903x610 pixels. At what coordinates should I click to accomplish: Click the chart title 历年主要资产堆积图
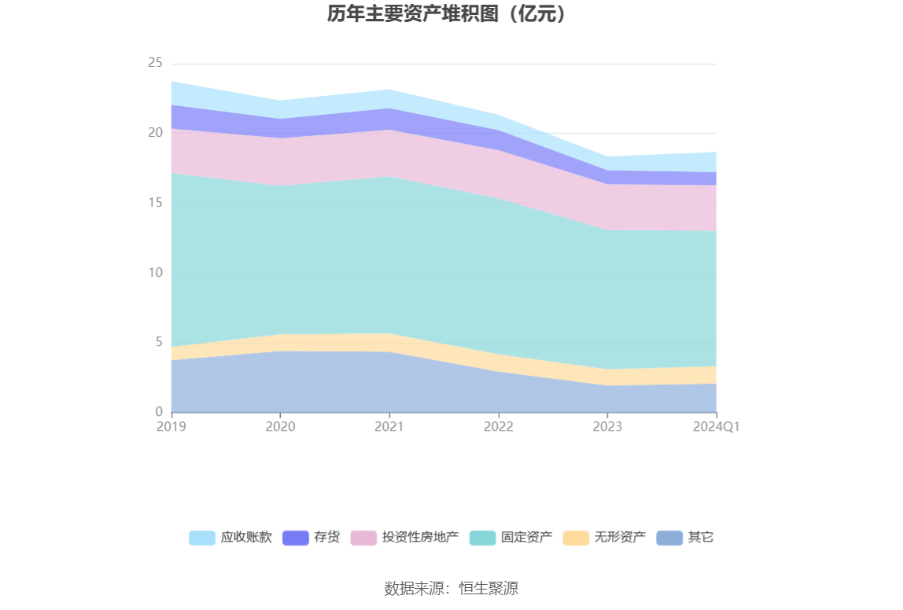(446, 14)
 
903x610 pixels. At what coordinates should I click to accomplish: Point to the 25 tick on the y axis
(155, 63)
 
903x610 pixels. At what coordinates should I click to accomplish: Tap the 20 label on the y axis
(155, 133)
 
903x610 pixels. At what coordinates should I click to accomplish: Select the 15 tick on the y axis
(155, 203)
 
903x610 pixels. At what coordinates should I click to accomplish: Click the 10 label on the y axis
(155, 273)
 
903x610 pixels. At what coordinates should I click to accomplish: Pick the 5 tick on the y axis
(159, 342)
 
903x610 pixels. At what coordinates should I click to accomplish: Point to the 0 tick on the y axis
(159, 412)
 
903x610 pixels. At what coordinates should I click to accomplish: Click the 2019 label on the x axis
(171, 427)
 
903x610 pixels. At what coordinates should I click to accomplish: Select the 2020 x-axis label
(280, 427)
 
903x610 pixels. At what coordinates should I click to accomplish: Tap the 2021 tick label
(389, 427)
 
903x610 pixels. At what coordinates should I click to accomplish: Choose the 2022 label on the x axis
(499, 427)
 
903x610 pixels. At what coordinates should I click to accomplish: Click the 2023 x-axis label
(607, 427)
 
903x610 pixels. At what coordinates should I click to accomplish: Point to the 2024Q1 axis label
(716, 427)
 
